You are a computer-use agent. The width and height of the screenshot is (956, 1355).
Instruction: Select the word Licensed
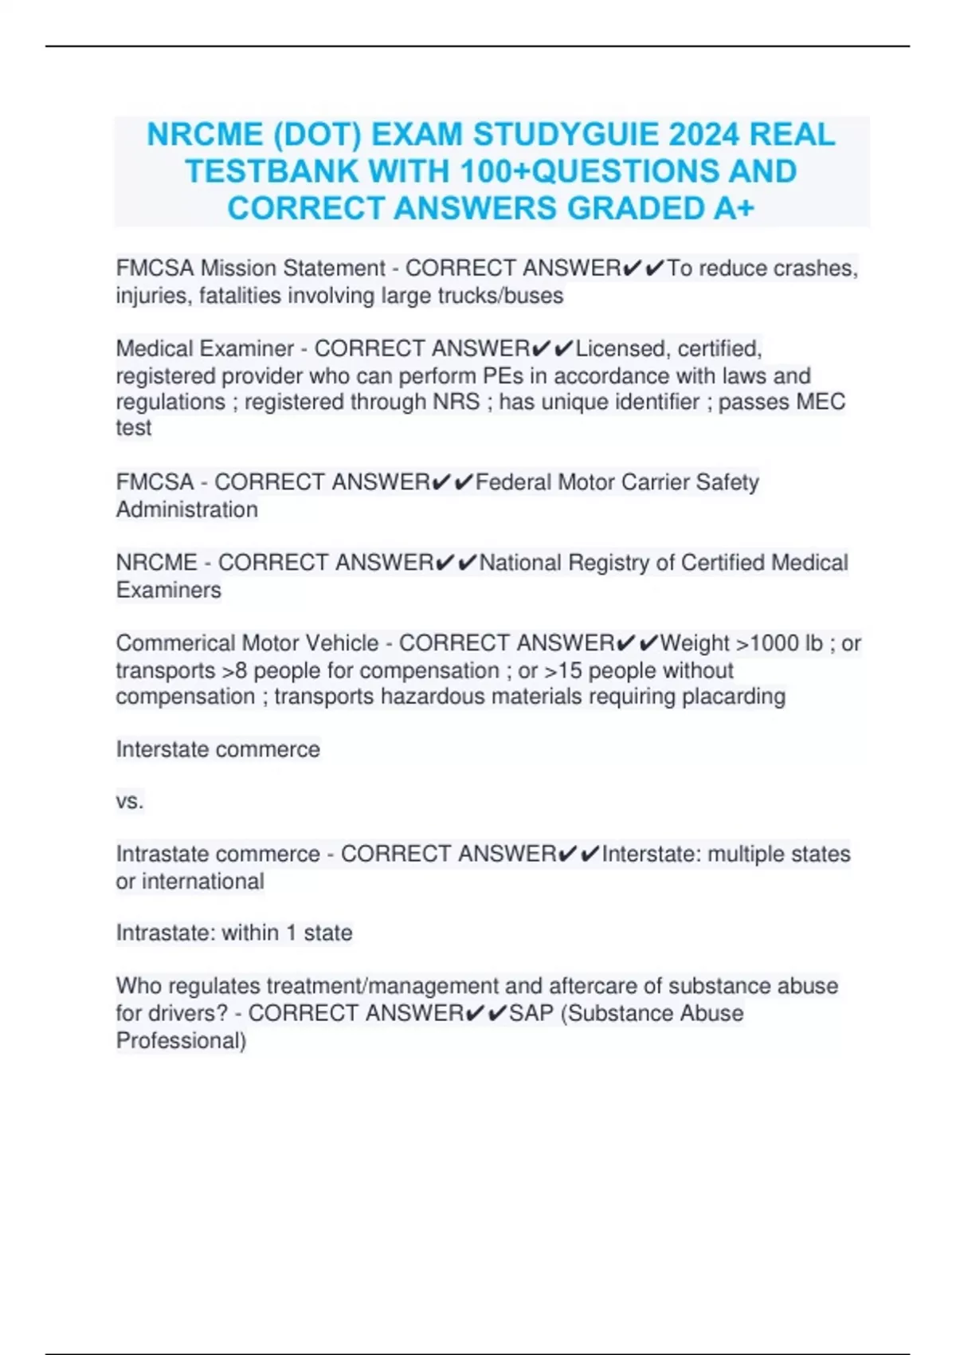click(x=623, y=349)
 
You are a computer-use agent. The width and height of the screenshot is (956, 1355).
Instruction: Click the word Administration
click(x=187, y=509)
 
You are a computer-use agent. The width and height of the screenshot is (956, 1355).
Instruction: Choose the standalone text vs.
click(x=130, y=801)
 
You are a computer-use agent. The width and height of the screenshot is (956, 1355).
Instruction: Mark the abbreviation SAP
click(x=531, y=1013)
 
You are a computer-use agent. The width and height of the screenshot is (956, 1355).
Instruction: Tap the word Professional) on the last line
click(x=181, y=1040)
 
